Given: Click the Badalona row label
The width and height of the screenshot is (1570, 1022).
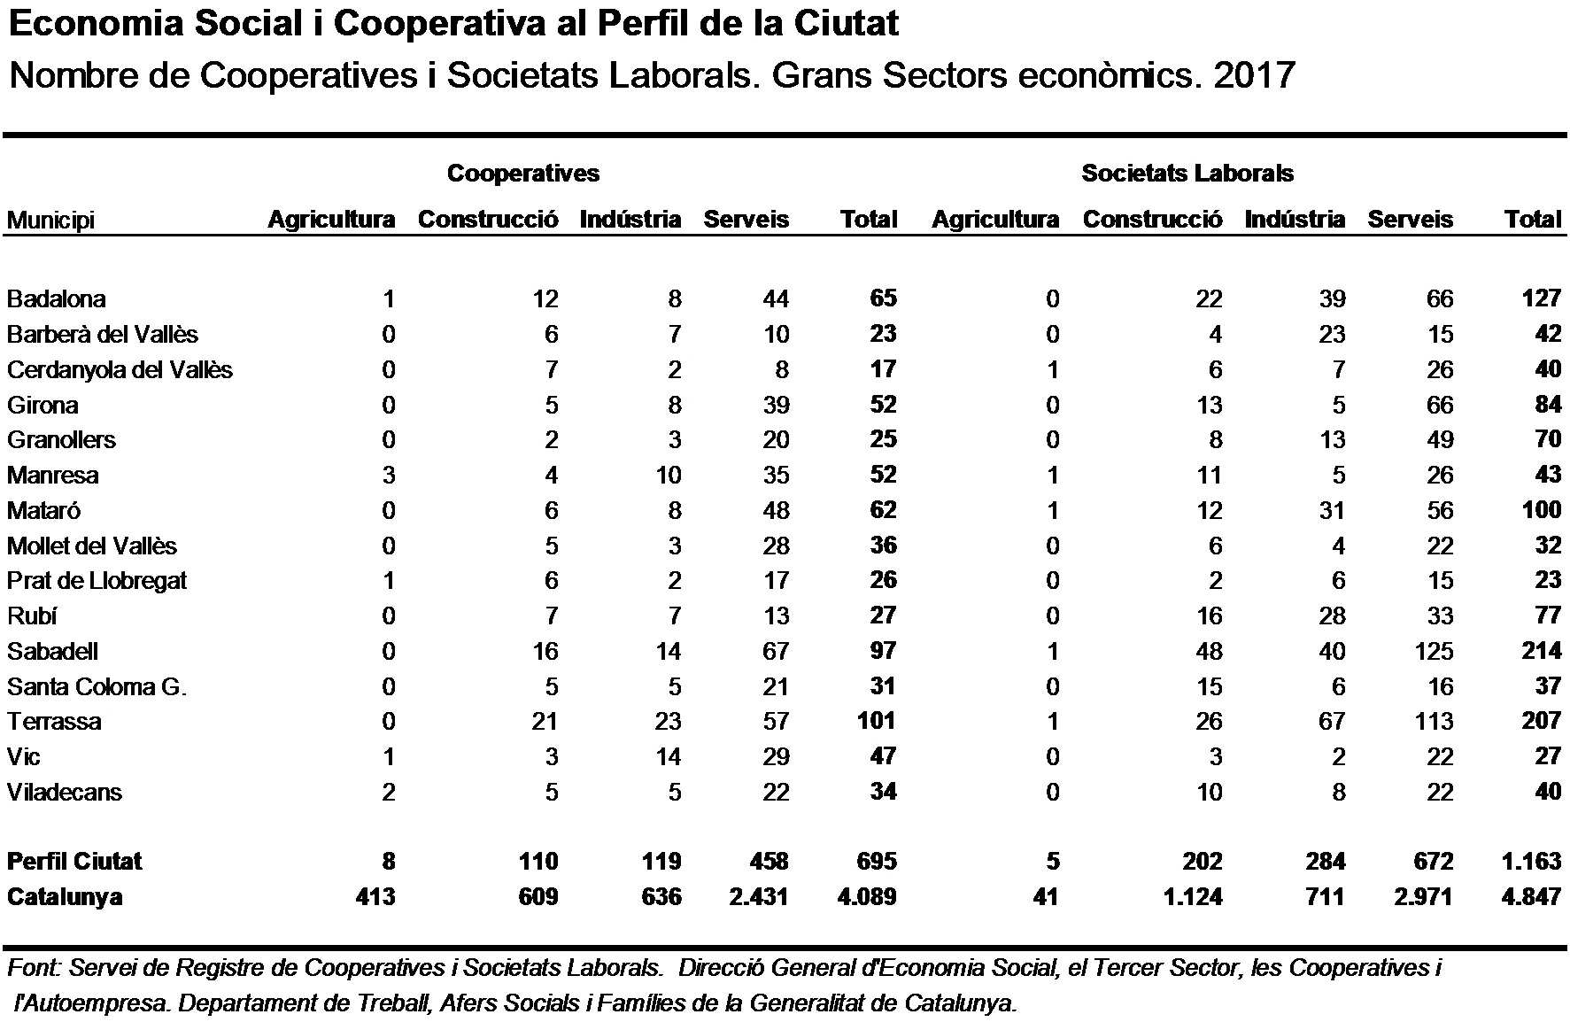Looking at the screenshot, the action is point(56,299).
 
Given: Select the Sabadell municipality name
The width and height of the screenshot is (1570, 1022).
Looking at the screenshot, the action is point(52,652).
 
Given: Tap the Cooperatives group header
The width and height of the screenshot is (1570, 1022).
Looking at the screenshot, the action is point(523,174).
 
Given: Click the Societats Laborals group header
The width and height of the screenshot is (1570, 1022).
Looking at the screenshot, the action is point(1187,174).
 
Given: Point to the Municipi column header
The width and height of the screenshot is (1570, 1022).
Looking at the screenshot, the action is point(50,221).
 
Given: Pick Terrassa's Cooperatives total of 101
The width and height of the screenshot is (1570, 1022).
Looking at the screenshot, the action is point(877,721).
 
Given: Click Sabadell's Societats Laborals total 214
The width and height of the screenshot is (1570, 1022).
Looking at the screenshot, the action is point(1542,651).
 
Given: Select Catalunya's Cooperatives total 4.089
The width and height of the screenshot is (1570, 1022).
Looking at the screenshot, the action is point(867,897).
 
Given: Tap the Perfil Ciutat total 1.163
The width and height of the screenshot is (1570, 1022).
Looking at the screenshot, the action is point(1532,862).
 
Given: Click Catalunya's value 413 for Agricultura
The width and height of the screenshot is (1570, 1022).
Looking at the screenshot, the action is point(375,897).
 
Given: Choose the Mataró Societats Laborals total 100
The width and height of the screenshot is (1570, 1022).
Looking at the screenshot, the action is point(1542,510).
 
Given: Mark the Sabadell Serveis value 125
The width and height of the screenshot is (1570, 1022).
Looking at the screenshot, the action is point(1434,652).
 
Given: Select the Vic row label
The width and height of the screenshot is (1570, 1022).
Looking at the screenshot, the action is point(23,757).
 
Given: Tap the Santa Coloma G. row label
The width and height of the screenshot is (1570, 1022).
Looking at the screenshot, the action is point(97,686).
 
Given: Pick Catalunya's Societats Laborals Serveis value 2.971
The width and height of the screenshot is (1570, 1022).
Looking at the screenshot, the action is point(1424,897).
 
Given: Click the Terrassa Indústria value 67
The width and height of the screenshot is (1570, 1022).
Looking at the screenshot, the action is point(1332,722).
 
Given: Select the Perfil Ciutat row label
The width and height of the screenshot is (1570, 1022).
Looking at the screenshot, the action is point(74,862).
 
